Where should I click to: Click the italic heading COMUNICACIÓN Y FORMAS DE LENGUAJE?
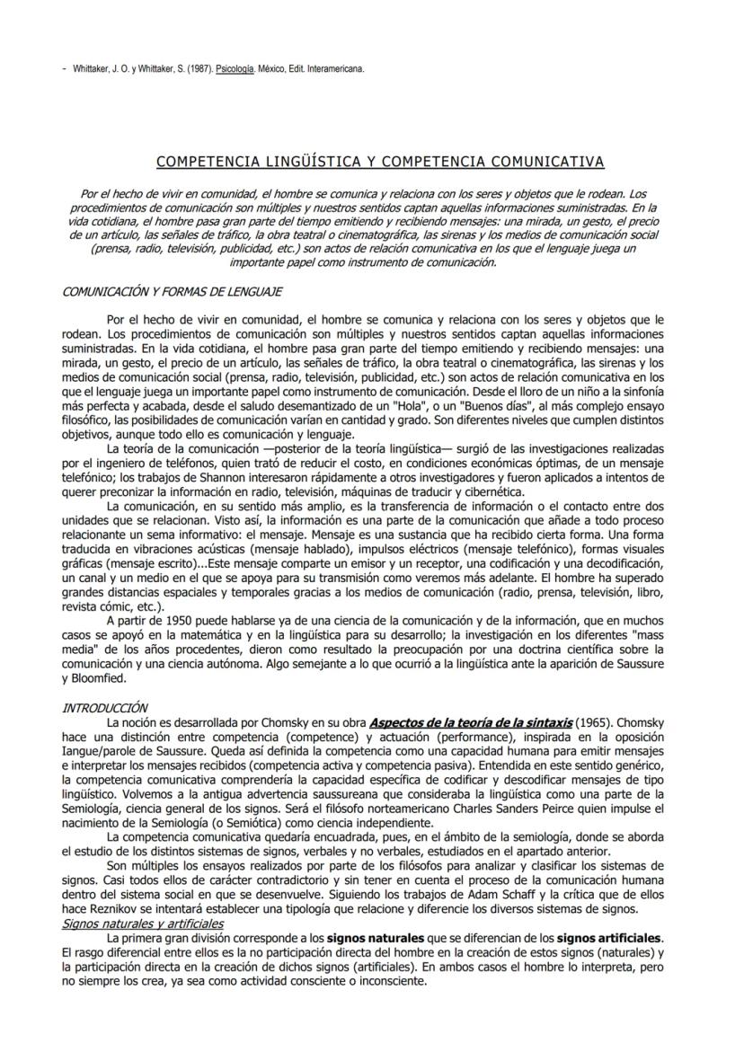point(173,293)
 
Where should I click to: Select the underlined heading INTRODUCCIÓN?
point(104,709)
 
